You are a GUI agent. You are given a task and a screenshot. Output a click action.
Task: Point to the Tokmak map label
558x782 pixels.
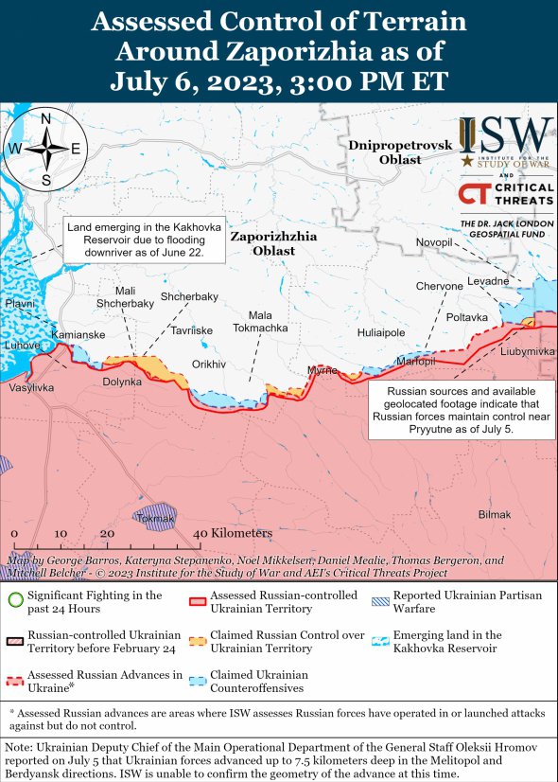(155, 519)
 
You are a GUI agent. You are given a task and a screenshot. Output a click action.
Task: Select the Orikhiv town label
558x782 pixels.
(209, 364)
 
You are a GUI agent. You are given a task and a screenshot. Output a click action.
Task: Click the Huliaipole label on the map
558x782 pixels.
(381, 332)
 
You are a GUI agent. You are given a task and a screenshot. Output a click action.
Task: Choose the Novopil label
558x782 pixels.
(434, 243)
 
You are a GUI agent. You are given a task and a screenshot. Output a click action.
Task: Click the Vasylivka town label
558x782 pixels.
(31, 388)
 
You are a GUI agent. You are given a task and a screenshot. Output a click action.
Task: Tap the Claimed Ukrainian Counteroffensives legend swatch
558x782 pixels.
(197, 681)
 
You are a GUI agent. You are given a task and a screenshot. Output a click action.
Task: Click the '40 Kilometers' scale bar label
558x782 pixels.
(235, 534)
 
